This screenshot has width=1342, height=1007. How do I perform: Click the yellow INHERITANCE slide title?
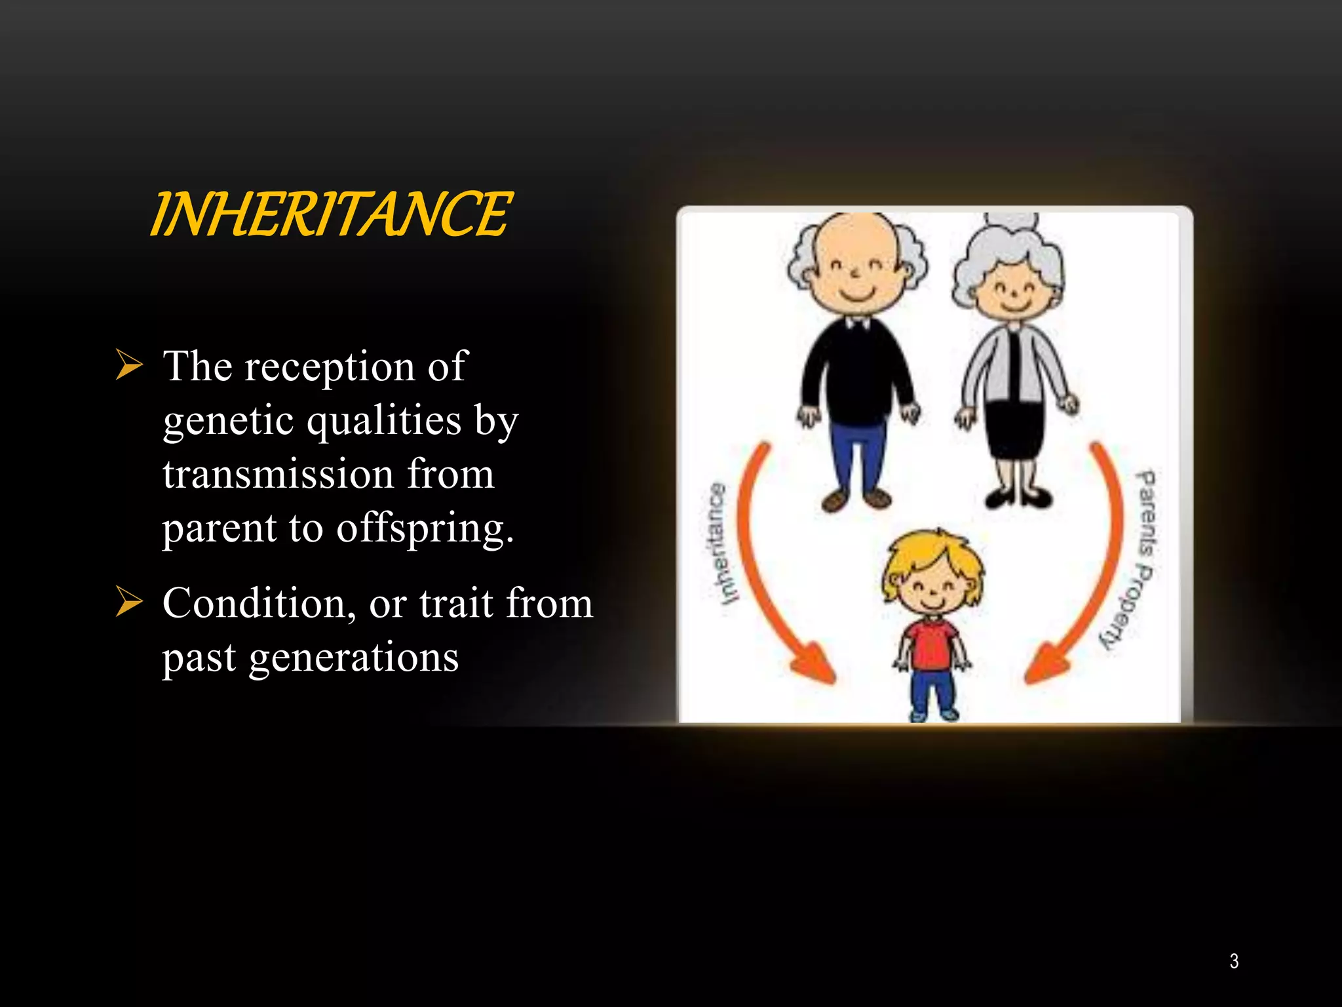pos(331,214)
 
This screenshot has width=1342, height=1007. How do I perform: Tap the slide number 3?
pos(1234,961)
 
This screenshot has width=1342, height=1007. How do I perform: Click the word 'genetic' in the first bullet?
pos(228,420)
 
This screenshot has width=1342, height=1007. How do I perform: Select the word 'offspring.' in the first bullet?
pos(425,528)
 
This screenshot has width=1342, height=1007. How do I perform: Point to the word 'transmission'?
pos(278,474)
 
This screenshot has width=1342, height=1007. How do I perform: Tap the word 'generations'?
pos(353,658)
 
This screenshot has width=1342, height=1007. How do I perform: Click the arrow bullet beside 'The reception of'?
pos(128,365)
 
